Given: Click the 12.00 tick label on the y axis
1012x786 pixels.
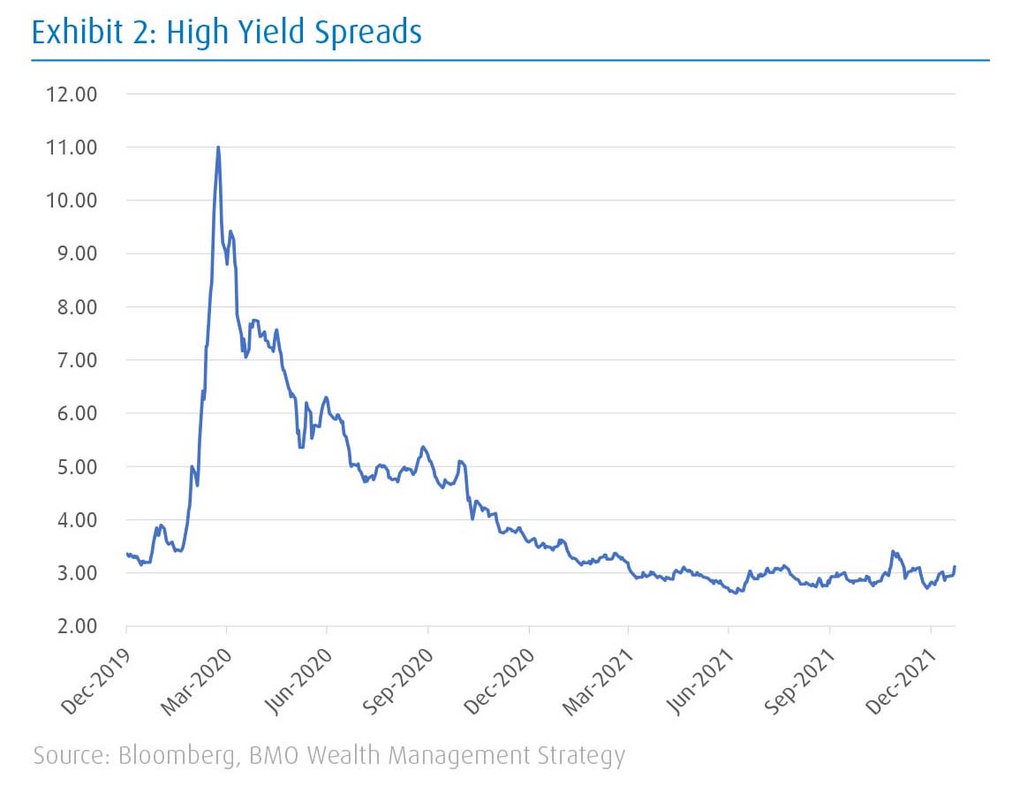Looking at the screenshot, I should [x=72, y=94].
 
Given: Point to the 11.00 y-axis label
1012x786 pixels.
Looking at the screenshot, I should [x=72, y=147].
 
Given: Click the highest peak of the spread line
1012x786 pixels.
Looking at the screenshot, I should [x=217, y=147].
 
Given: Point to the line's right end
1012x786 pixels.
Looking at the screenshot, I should [x=955, y=567].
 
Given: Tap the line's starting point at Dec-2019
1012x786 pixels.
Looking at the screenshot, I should [x=127, y=555].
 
